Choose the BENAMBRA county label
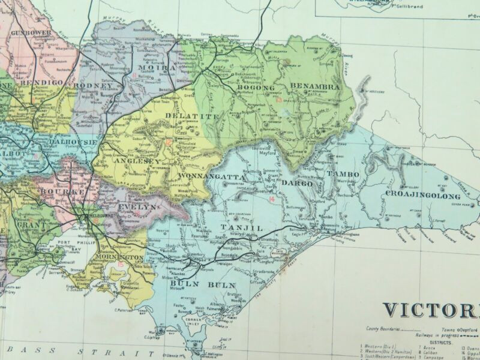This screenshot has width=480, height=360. pos(315,86)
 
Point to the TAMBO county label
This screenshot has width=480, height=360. pos(343,174)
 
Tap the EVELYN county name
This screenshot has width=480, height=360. pos(138,206)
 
